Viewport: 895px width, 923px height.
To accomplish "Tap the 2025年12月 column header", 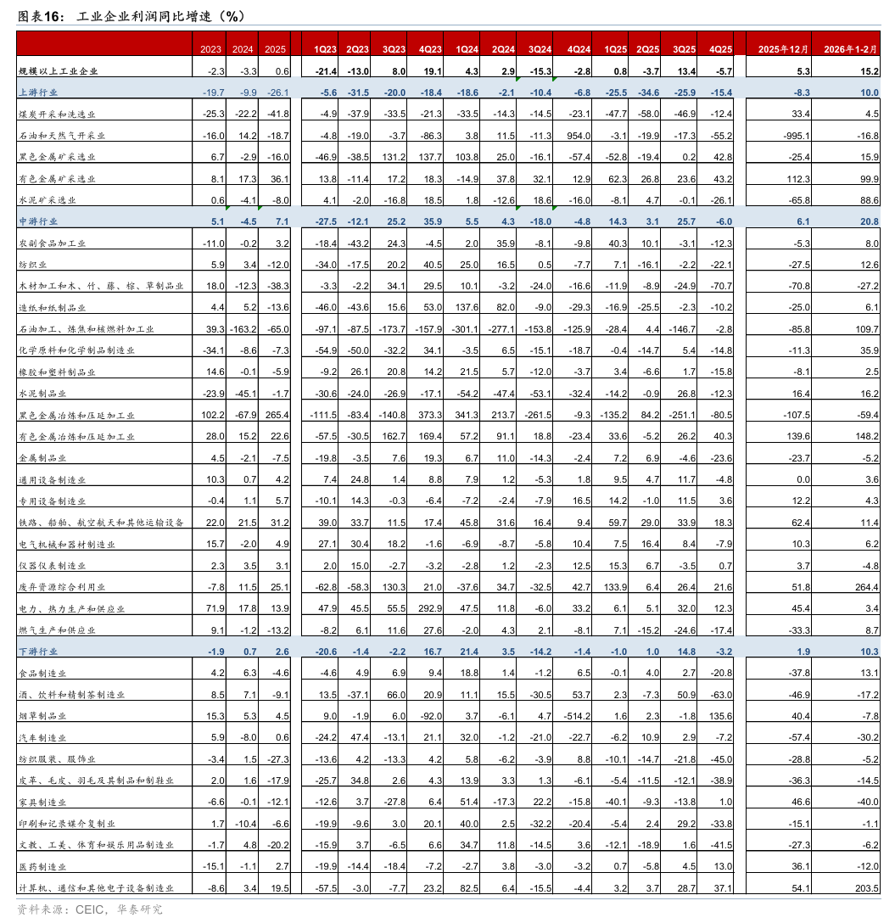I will tap(778, 48).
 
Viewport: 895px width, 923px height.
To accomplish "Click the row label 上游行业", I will tap(37, 92).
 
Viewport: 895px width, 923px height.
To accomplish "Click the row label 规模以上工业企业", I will tap(59, 71).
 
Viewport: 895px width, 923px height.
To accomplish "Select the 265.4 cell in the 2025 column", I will tap(276, 415).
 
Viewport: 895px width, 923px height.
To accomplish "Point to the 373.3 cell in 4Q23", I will tap(429, 415).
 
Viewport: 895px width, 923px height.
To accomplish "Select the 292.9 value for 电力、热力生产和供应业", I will tap(429, 608).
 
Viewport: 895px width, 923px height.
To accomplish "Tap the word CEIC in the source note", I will tap(88, 909).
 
